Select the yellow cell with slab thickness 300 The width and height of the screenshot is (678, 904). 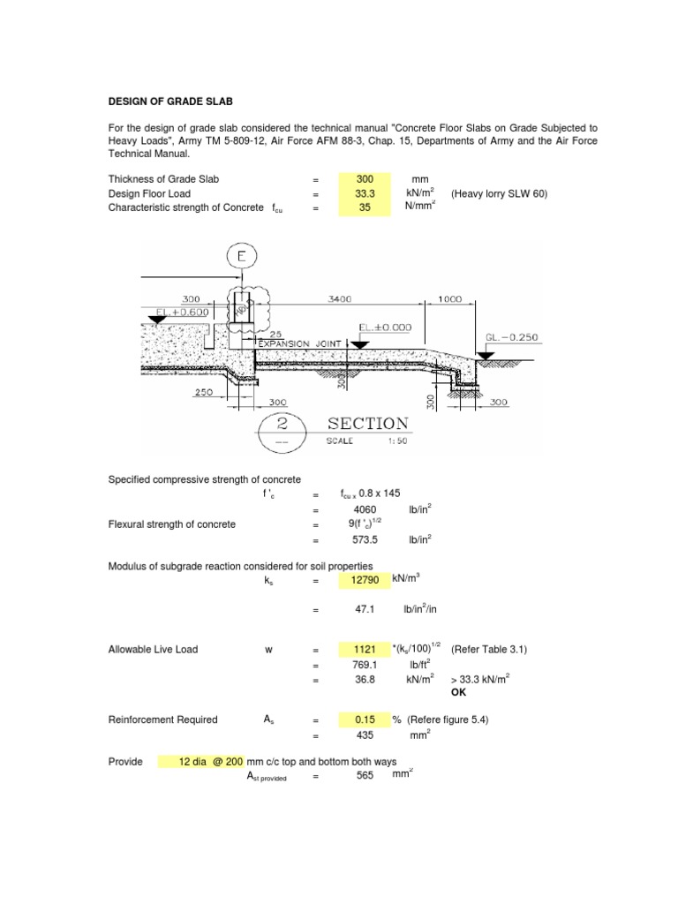tap(365, 179)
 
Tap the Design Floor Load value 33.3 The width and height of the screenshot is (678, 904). tap(365, 193)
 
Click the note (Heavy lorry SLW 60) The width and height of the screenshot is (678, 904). tap(499, 193)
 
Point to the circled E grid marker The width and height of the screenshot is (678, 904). tap(241, 257)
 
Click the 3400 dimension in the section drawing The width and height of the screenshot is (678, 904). tap(339, 300)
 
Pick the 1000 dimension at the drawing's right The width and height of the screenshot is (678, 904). tap(450, 300)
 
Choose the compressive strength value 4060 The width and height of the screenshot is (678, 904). tap(365, 509)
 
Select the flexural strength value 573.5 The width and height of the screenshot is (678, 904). tap(365, 538)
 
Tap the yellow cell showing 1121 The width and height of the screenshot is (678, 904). tap(365, 650)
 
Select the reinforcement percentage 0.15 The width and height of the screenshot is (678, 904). tap(365, 719)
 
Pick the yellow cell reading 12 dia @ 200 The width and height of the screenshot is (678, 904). tap(200, 761)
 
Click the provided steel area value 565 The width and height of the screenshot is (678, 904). tap(365, 775)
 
